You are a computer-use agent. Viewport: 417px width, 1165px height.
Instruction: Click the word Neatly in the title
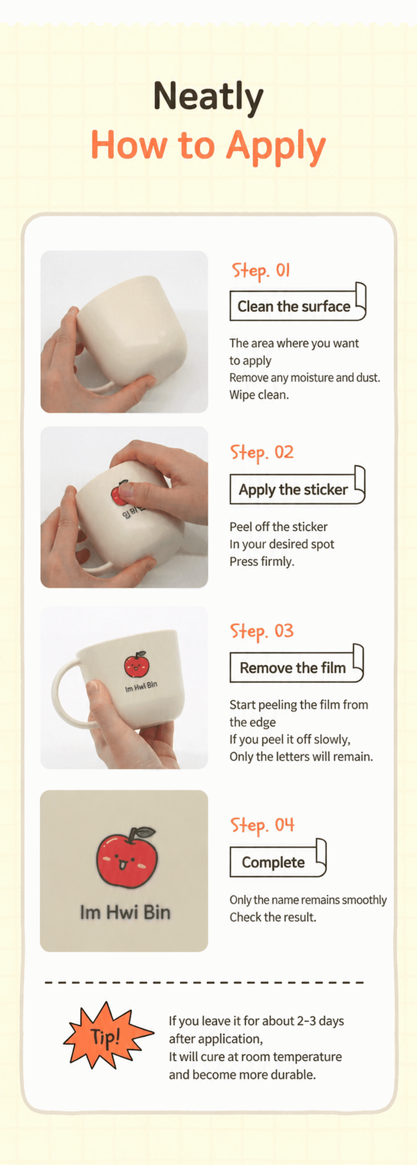tap(208, 97)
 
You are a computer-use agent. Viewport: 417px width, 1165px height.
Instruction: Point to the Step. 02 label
tap(262, 452)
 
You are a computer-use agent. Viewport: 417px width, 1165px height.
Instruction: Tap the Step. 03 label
tap(262, 631)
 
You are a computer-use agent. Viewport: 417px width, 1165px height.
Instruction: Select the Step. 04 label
tap(262, 825)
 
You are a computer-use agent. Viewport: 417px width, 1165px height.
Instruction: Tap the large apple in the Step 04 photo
tap(127, 858)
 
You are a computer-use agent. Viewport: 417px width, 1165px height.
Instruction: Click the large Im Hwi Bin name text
tap(125, 912)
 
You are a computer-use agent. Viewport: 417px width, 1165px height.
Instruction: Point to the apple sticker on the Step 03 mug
tap(136, 664)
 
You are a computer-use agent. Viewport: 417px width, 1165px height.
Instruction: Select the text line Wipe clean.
tap(259, 395)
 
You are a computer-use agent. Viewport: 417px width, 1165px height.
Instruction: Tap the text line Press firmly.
tap(262, 562)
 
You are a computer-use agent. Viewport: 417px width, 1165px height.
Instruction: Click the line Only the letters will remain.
tap(301, 756)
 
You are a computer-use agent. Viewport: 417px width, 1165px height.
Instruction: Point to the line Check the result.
tap(273, 917)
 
